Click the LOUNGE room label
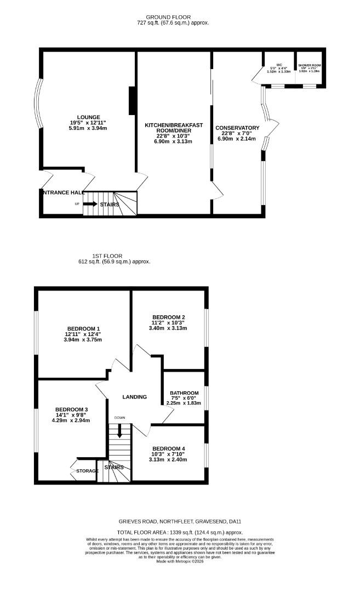tap(88, 117)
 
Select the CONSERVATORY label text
tap(237, 128)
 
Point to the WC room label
tap(279, 65)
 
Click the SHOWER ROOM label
tap(310, 65)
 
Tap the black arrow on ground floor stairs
tap(90, 204)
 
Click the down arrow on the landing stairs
tap(119, 433)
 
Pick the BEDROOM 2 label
tap(169, 317)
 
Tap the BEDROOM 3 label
tap(72, 409)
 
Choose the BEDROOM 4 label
tap(169, 448)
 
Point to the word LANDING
tap(134, 397)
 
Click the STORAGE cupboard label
tap(87, 471)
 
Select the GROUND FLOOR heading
tap(173, 17)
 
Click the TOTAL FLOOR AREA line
tap(180, 532)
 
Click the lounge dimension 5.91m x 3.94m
tap(88, 128)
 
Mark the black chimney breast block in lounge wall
tap(132, 101)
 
